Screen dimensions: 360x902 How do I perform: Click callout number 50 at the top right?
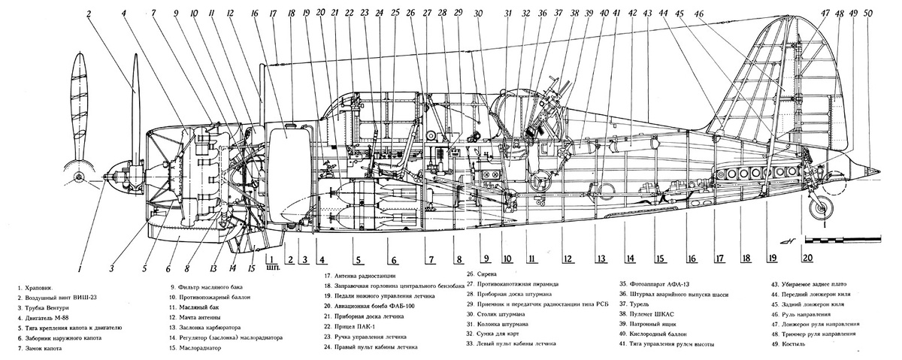click(870, 13)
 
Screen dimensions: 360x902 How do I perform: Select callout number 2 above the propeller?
click(89, 13)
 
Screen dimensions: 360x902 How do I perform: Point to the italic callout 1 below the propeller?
click(80, 266)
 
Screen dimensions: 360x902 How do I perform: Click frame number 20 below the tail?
click(807, 258)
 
